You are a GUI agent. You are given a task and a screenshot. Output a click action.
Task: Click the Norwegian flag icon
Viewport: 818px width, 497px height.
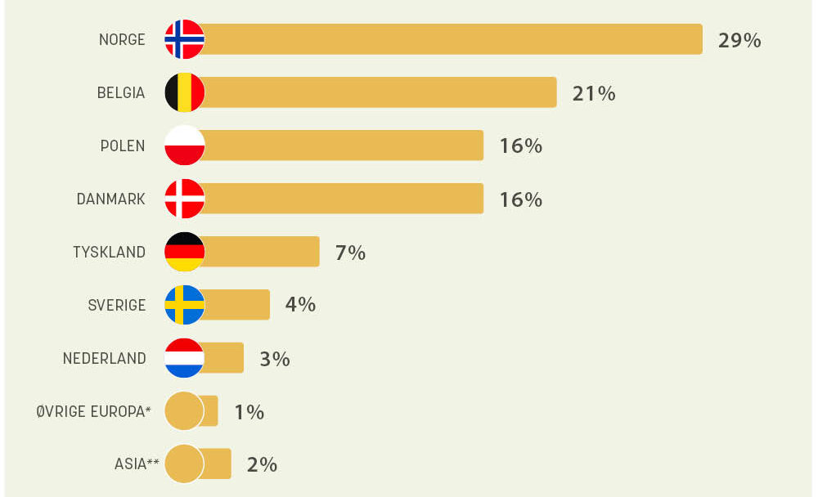pyautogui.click(x=184, y=39)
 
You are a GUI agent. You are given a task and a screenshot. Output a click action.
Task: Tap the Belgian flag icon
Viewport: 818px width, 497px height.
pyautogui.click(x=184, y=92)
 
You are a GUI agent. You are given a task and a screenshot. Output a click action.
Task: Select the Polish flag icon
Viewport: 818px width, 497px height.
pyautogui.click(x=184, y=146)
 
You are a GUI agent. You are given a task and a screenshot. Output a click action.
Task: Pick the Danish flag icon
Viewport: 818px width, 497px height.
pyautogui.click(x=184, y=199)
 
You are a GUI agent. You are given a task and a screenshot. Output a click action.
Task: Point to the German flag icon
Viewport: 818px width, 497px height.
pyautogui.click(x=184, y=252)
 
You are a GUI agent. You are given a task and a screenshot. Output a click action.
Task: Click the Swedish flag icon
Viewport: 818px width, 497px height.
pyautogui.click(x=184, y=305)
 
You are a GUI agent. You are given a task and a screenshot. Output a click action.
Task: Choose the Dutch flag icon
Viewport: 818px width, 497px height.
pyautogui.click(x=184, y=358)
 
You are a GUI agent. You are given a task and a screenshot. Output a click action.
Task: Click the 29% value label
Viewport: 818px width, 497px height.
pyautogui.click(x=739, y=40)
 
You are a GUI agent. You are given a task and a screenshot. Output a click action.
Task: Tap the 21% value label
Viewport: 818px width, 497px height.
pyautogui.click(x=594, y=93)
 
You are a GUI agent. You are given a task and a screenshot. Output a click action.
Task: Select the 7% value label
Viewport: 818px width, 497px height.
pyautogui.click(x=350, y=253)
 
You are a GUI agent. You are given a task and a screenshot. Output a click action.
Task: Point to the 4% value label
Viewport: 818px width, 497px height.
pyautogui.click(x=300, y=305)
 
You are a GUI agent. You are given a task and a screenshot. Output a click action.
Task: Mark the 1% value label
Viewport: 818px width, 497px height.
pyautogui.click(x=249, y=412)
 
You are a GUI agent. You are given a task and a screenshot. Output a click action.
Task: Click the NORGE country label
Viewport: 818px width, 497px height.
pyautogui.click(x=122, y=40)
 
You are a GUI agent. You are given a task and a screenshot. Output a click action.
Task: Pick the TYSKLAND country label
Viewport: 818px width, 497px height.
pyautogui.click(x=109, y=253)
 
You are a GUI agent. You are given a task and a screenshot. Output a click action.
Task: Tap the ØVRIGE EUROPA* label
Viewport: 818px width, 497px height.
pyautogui.click(x=94, y=412)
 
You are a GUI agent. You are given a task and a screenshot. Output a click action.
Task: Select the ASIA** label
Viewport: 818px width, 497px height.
pyautogui.click(x=137, y=465)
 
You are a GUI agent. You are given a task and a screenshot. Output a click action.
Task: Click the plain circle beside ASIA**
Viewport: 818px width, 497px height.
pyautogui.click(x=184, y=464)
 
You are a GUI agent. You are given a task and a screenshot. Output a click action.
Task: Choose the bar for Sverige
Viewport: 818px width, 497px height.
pyautogui.click(x=237, y=305)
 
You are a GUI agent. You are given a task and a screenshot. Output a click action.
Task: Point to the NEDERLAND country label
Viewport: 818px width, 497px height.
pyautogui.click(x=105, y=359)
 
